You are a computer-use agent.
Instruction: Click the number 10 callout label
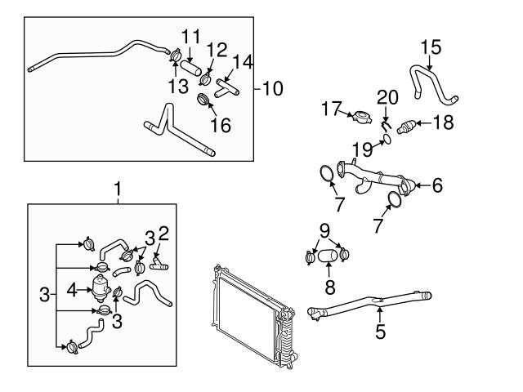pos(274,87)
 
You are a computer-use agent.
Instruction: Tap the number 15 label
pos(431,46)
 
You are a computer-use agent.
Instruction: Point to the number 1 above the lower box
pos(118,189)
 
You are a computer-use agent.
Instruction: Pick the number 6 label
pos(437,186)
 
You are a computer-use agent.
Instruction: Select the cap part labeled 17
pos(359,117)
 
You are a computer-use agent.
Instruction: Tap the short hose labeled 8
pos(327,257)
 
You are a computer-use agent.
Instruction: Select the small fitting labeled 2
pos(158,265)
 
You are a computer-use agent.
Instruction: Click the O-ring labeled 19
pos(386,139)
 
